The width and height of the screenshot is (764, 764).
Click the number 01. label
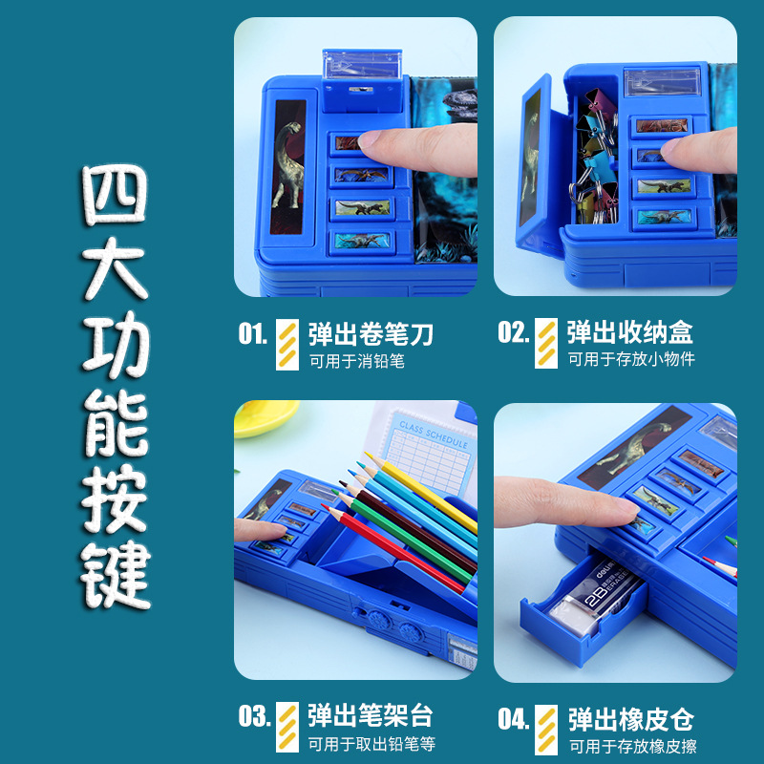point(253,333)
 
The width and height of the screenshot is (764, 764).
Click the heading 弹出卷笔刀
point(371,333)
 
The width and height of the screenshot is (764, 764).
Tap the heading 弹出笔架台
point(371,716)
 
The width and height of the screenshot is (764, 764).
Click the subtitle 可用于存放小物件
point(631,360)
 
